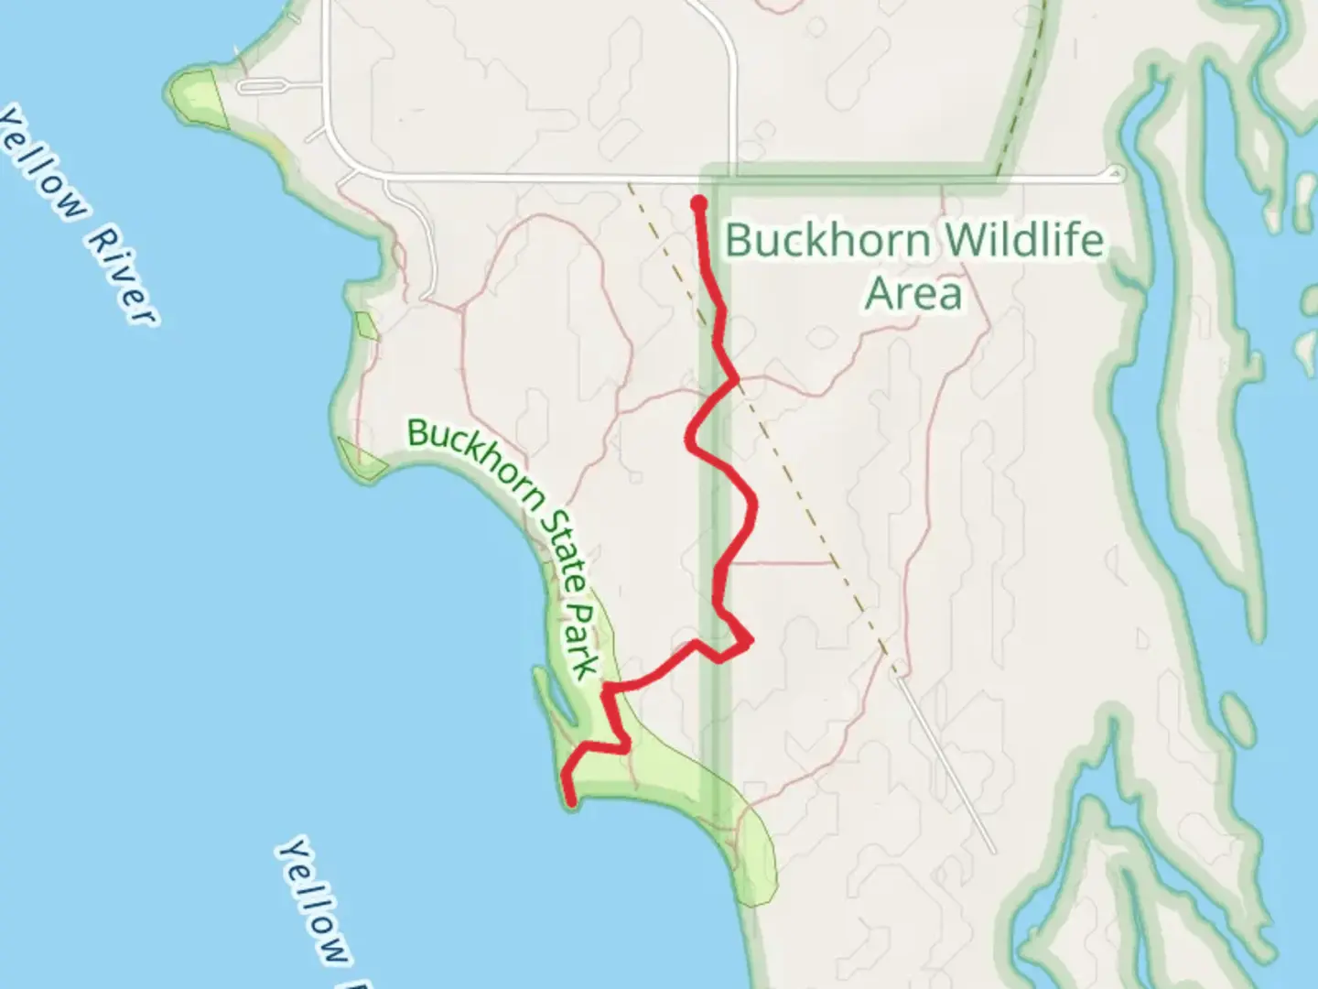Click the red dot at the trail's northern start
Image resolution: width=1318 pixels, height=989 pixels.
[699, 202]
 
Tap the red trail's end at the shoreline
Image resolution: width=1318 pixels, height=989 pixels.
[571, 803]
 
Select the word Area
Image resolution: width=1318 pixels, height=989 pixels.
[913, 294]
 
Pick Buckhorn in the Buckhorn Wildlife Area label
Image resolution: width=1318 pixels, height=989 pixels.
[828, 241]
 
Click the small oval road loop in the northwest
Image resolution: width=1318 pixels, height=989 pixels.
[263, 87]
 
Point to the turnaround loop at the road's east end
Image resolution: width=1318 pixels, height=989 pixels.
[1115, 172]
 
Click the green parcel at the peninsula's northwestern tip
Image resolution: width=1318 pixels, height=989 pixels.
[197, 92]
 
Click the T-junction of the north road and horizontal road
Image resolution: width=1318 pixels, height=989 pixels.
[735, 176]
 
